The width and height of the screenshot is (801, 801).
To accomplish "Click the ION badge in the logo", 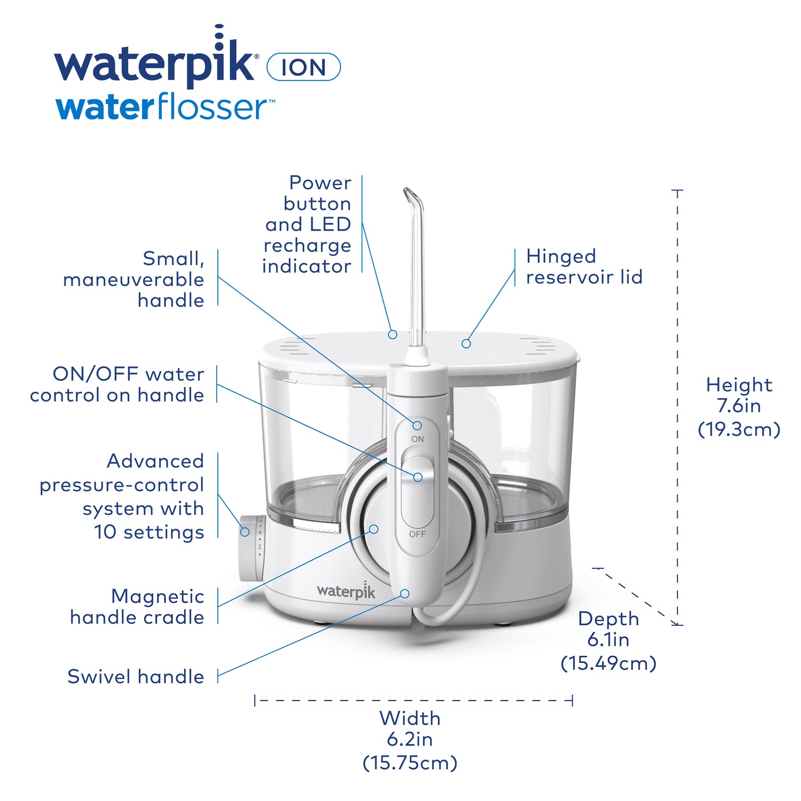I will tap(303, 67).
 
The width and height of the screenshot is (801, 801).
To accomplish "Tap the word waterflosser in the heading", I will tap(165, 108).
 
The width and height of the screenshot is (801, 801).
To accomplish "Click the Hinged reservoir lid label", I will tap(584, 267).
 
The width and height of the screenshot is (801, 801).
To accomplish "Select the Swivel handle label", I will tap(136, 676).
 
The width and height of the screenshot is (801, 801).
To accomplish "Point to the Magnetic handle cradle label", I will tap(137, 606).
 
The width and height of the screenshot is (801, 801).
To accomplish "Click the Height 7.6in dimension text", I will tap(738, 406).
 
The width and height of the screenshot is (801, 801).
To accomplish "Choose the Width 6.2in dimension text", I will tap(410, 739).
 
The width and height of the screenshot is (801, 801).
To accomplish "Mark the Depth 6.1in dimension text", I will tap(608, 640).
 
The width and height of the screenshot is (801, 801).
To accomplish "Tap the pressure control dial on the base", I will tap(251, 548).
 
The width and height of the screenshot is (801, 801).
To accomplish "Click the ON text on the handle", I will tap(417, 439).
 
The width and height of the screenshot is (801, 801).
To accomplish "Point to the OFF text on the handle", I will tap(417, 534).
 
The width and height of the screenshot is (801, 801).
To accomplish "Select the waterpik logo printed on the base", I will tap(346, 591).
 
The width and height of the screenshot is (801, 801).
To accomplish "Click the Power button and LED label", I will tap(307, 224).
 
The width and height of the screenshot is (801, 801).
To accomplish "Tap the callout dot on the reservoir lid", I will tap(466, 344).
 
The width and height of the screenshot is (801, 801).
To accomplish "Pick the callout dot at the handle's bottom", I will tap(405, 594).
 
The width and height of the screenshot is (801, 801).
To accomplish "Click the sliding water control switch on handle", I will tap(417, 477).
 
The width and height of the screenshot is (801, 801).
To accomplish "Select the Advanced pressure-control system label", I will tap(122, 496).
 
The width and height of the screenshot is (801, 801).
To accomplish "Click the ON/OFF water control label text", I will tap(117, 384).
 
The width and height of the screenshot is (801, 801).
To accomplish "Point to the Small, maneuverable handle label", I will tap(134, 279).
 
